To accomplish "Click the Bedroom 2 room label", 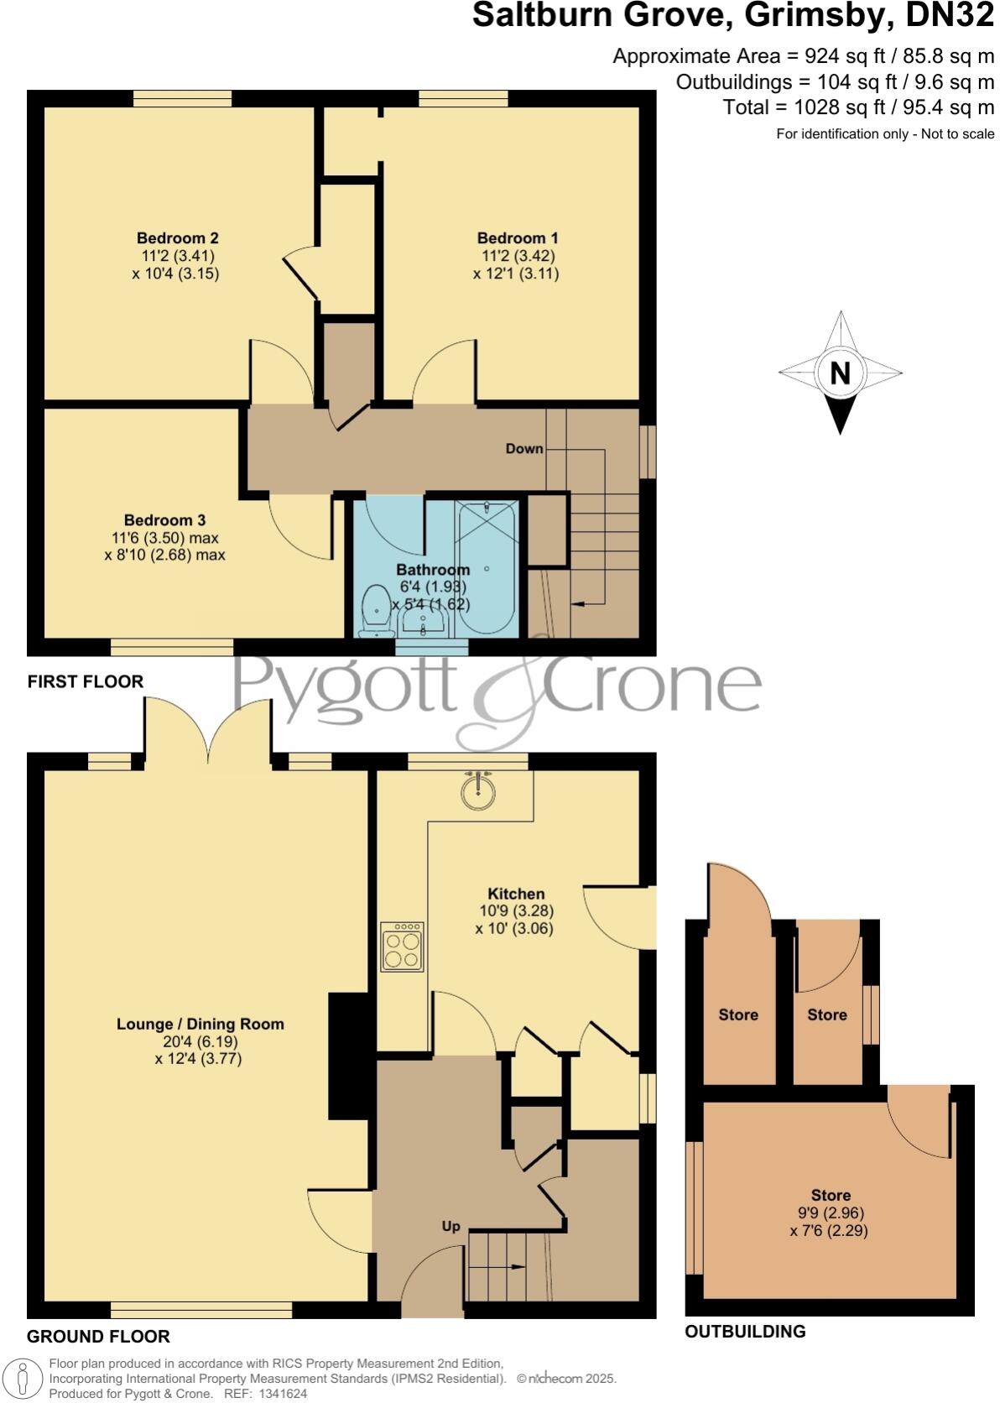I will coord(178,238).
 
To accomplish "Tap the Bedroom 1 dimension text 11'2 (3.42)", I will coord(517,256).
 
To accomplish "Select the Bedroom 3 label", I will coord(164,520).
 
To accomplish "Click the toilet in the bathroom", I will coord(375,613).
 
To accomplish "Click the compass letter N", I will coord(840,373).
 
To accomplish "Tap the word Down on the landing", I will coord(524,449).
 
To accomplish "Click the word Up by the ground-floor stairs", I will coord(451,1226).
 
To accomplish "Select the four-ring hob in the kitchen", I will coord(402,947).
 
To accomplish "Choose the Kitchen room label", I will coord(516,894).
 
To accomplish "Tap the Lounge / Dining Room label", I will coord(200,1024).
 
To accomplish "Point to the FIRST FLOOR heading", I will coord(86,681).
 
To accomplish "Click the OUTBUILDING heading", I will coord(745,1332).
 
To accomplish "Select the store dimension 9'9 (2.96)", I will coord(831,1213).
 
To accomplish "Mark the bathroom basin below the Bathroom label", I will coord(424,622).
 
